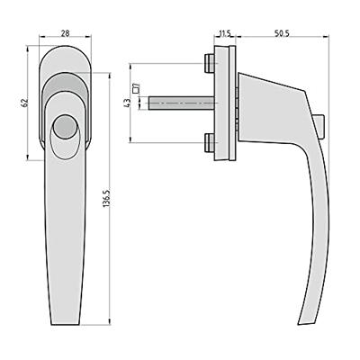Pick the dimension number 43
pyautogui.click(x=128, y=103)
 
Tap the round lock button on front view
pyautogui.click(x=64, y=127)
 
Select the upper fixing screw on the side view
pyautogui.click(x=210, y=64)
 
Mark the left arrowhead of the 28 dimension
pyautogui.click(x=42, y=40)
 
